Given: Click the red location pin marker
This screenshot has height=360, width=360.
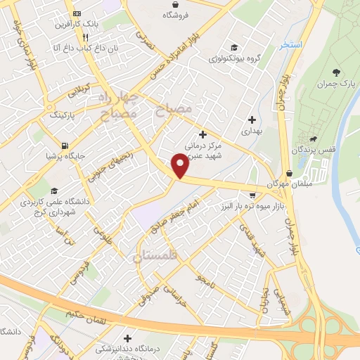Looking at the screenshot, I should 180,166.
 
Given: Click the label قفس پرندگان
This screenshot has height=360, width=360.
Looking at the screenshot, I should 324,150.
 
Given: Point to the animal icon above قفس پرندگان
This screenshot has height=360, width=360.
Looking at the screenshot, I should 322,139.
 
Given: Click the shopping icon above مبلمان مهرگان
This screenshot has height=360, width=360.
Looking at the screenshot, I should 289,173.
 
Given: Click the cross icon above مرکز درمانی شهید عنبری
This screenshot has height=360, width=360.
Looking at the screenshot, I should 203,134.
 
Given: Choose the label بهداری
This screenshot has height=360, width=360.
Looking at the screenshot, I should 251,131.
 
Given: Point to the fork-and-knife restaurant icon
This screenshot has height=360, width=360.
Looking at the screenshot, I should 85,38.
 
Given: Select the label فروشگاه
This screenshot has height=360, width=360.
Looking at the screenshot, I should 170,15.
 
